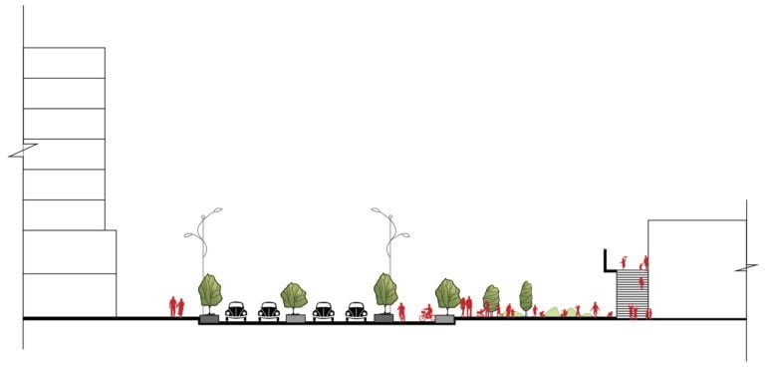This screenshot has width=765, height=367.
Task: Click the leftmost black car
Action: [235, 311]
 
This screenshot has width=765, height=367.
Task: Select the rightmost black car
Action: [357, 311]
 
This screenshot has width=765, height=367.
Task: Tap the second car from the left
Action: [269, 311]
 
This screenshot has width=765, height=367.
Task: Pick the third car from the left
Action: [323, 311]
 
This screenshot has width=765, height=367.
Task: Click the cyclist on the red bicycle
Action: [426, 313]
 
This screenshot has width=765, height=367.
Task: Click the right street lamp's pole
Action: [390, 249]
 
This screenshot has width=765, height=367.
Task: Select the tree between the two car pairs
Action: [294, 295]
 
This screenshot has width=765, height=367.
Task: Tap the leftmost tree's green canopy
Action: [210, 289]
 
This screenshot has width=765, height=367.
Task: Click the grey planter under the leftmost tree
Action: [209, 319]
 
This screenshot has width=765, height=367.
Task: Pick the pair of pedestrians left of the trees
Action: [176, 306]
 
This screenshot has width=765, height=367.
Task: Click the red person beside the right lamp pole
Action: [401, 311]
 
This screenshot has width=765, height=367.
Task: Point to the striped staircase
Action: [628, 295]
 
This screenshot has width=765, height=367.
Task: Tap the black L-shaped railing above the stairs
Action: [607, 261]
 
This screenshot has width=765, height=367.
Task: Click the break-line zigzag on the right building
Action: [745, 268]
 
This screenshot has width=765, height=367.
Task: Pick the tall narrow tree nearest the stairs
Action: [526, 296]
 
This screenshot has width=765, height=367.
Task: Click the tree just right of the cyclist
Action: [447, 293]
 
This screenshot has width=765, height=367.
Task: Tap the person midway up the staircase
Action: [641, 283]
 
